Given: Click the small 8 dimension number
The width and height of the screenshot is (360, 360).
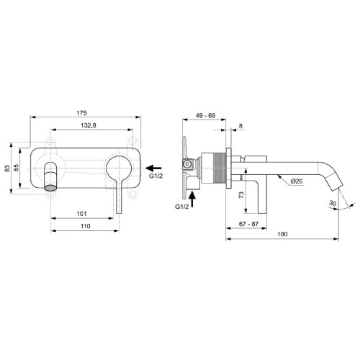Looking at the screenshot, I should [x=240, y=127].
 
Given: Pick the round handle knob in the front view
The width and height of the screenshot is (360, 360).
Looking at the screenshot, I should [x=117, y=171].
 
